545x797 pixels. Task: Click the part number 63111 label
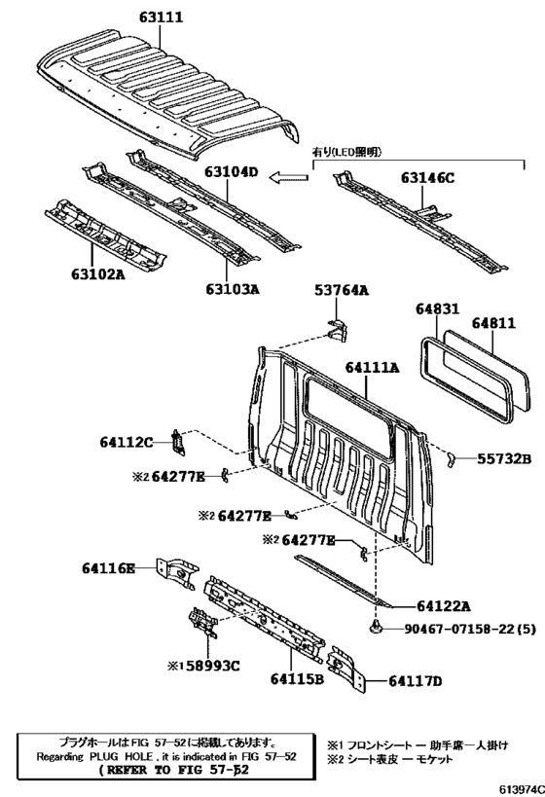point(162,18)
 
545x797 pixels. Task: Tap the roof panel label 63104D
point(232,172)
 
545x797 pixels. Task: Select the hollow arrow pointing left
point(289,177)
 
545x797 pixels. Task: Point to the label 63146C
point(427,178)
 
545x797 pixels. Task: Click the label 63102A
point(98,274)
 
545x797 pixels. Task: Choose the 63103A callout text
point(233,289)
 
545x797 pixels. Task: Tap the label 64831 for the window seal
point(437,308)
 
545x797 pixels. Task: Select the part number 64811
point(493,323)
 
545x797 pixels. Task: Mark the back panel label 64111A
point(372,368)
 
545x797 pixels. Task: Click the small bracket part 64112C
point(177,441)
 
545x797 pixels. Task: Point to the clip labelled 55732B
point(450,460)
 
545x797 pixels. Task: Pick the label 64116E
point(109,567)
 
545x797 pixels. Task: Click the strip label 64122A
point(444,606)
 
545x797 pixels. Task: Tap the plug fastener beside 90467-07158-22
point(376,628)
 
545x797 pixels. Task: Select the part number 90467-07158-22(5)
point(470,630)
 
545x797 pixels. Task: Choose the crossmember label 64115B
point(297,678)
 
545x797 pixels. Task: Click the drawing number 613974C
point(521,789)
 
